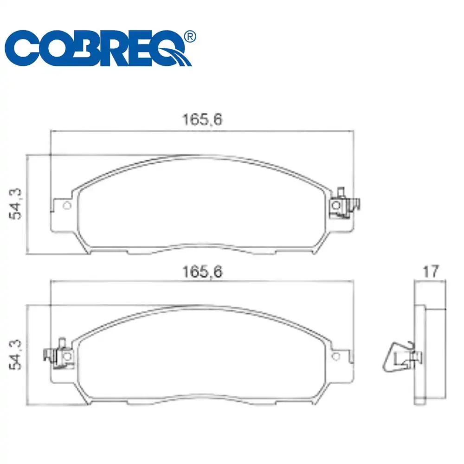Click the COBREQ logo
[x=100, y=49]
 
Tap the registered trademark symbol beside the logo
[x=190, y=36]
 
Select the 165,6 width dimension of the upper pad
[x=202, y=120]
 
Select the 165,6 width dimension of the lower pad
[x=202, y=272]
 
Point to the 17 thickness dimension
[x=431, y=271]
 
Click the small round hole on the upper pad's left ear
[x=66, y=206]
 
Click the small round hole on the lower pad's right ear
[x=337, y=356]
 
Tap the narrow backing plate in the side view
[x=419, y=353]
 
